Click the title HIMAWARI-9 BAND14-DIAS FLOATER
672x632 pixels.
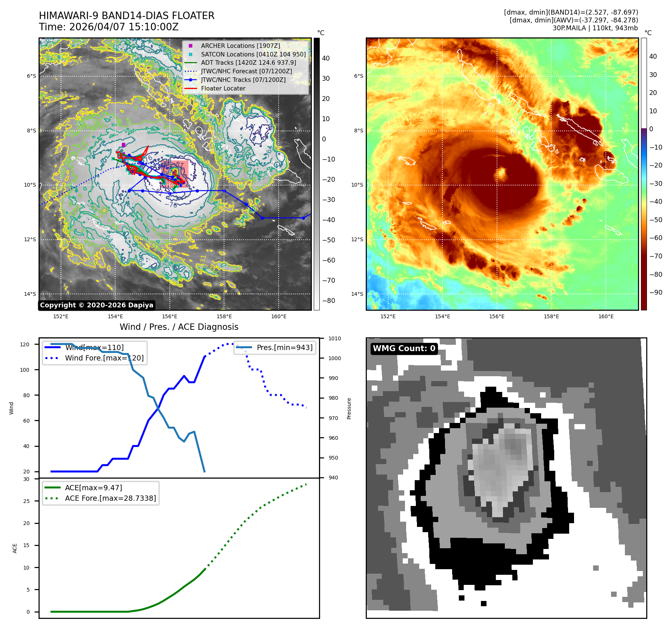point(126,16)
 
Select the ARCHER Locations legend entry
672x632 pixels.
point(240,46)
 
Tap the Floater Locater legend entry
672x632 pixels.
point(223,89)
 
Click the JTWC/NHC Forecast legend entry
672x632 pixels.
point(246,71)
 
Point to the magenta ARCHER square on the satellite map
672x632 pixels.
point(123,145)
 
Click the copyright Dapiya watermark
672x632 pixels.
point(96,305)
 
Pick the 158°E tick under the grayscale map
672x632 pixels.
point(224,316)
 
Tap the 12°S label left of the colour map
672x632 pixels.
point(357,239)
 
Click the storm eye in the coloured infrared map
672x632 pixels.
point(500,174)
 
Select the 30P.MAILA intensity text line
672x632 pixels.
point(595,28)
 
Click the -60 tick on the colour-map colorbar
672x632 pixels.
point(656,238)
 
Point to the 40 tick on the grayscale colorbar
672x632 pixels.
point(326,58)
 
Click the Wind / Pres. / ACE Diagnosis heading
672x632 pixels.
point(179,327)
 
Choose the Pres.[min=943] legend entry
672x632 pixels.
point(284,347)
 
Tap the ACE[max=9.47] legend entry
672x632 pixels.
point(93,488)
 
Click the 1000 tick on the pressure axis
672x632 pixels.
point(334,358)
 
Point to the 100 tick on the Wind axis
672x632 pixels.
point(24,370)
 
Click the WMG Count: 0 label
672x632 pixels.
point(404,349)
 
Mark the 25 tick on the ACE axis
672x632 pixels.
point(26,501)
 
